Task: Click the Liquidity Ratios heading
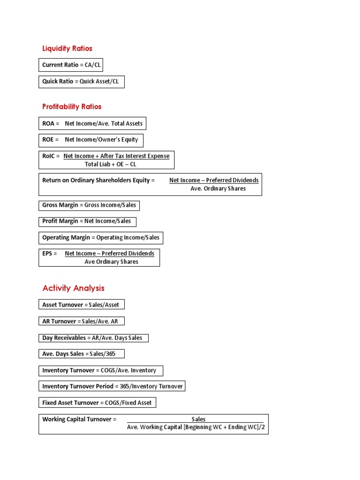pyautogui.click(x=67, y=48)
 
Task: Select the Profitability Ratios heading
pyautogui.click(x=72, y=106)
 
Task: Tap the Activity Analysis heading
pyautogui.click(x=73, y=288)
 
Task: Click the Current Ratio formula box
pyautogui.click(x=71, y=65)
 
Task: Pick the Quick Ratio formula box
pyautogui.click(x=82, y=82)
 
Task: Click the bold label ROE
pyautogui.click(x=48, y=140)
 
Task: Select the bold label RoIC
pyautogui.click(x=49, y=156)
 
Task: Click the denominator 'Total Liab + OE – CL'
pyautogui.click(x=110, y=165)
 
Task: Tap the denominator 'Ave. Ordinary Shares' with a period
pyautogui.click(x=218, y=188)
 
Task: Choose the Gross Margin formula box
pyautogui.click(x=89, y=205)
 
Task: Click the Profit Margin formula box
pyautogui.click(x=88, y=221)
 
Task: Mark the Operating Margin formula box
pyautogui.click(x=101, y=238)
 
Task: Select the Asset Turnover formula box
pyautogui.click(x=82, y=305)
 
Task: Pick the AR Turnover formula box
pyautogui.click(x=82, y=321)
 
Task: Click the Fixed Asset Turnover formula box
pyautogui.click(x=97, y=403)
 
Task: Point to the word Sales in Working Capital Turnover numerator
pyautogui.click(x=198, y=419)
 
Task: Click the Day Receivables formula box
pyautogui.click(x=93, y=338)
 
